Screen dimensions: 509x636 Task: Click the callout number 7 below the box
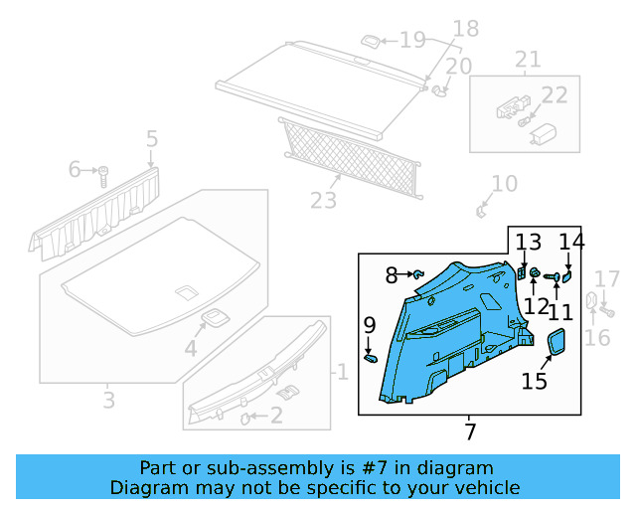pyautogui.click(x=469, y=431)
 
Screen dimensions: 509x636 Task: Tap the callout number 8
pyautogui.click(x=392, y=274)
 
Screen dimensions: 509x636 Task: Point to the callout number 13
pyautogui.click(x=528, y=242)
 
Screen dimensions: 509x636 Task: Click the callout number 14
pyautogui.click(x=570, y=242)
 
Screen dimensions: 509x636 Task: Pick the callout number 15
pyautogui.click(x=535, y=381)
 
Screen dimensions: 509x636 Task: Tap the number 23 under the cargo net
pyautogui.click(x=324, y=201)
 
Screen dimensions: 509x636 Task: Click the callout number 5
pyautogui.click(x=152, y=139)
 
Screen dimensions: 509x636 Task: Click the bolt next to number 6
pyautogui.click(x=102, y=176)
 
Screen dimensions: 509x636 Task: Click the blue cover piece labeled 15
pyautogui.click(x=557, y=342)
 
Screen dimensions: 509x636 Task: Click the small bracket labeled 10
pyautogui.click(x=482, y=209)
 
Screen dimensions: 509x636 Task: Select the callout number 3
pyautogui.click(x=108, y=401)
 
